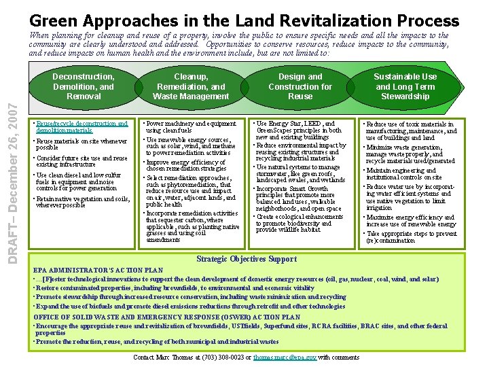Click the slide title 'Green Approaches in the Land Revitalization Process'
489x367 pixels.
(244, 20)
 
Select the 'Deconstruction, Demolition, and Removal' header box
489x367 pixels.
(84, 86)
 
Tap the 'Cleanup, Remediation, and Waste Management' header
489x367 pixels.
(190, 86)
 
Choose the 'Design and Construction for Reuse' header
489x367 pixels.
(300, 86)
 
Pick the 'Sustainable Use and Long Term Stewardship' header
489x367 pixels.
(405, 86)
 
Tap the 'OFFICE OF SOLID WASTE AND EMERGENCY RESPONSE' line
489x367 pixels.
(166, 317)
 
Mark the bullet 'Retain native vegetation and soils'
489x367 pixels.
(81, 202)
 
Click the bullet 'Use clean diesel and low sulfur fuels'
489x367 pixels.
(78, 181)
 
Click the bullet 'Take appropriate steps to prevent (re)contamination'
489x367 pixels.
(411, 237)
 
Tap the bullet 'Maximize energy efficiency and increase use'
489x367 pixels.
(411, 221)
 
